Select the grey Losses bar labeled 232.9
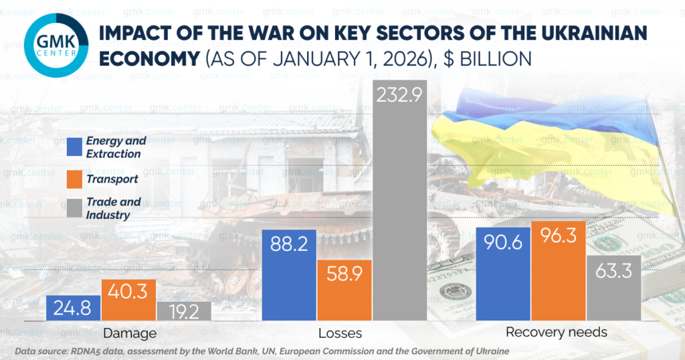399,201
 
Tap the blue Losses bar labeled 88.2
290,275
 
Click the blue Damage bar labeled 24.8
74,308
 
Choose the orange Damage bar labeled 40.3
128,300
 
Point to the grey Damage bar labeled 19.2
184,310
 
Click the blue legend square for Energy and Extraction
75,147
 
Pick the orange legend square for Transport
75,179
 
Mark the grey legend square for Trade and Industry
75,207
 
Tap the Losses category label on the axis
344,333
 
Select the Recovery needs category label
556,333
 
